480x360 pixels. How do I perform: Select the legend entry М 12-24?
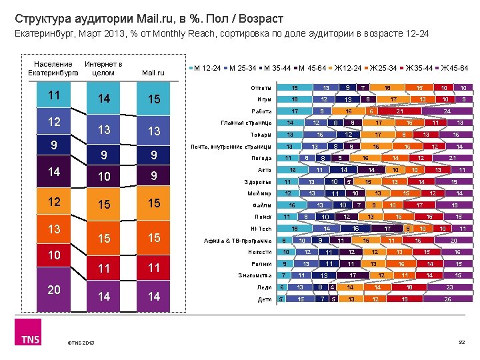[x=208, y=68]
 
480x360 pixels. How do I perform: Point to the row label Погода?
[x=261, y=158]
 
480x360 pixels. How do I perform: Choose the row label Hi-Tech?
[x=261, y=229]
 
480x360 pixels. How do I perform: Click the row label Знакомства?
[x=255, y=275]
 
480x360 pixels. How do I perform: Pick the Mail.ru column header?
[x=153, y=73]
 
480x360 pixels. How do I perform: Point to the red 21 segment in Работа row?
[x=400, y=111]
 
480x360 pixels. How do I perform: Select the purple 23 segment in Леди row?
[x=449, y=287]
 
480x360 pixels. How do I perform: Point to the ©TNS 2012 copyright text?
[x=80, y=343]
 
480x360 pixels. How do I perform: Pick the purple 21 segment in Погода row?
[x=453, y=158]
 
